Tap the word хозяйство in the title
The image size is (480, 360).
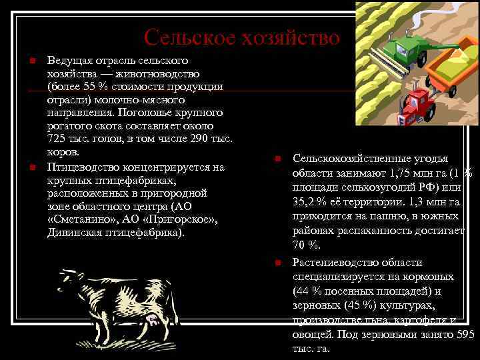pyautogui.click(x=291, y=38)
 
